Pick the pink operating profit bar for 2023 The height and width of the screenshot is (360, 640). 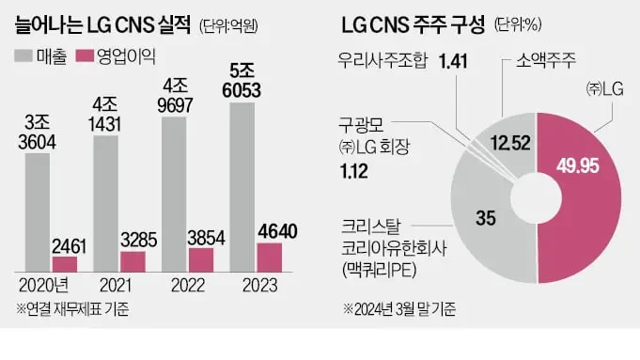click(270, 256)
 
